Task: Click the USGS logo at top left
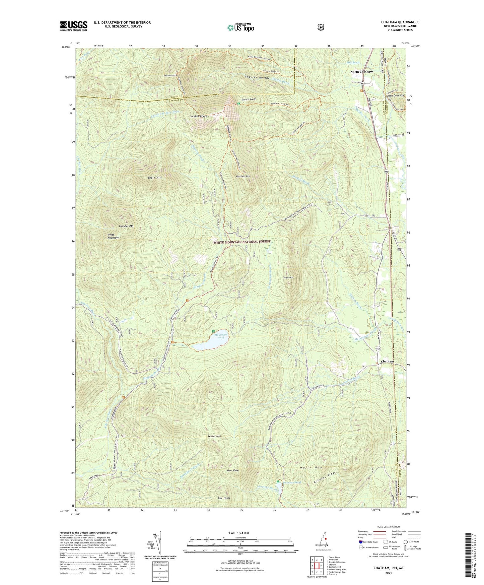pyautogui.click(x=74, y=26)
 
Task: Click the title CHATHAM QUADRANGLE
pyautogui.click(x=400, y=22)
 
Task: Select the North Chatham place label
pyautogui.click(x=361, y=72)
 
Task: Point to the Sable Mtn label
pyautogui.click(x=154, y=178)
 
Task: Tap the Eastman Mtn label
pyautogui.click(x=243, y=176)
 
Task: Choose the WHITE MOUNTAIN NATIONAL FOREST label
pyautogui.click(x=242, y=242)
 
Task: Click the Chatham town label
pyautogui.click(x=387, y=362)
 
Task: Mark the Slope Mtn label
pyautogui.click(x=288, y=277)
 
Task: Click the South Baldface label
pyautogui.click(x=199, y=116)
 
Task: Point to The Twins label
pyautogui.click(x=224, y=498)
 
